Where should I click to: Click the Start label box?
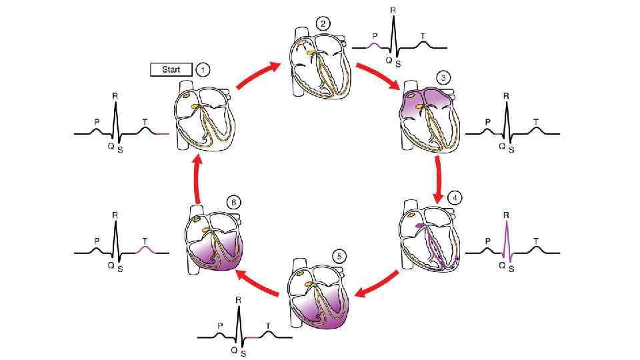171,69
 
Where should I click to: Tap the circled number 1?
203,69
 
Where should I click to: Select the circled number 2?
323,24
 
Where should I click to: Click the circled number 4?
455,197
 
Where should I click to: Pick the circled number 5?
340,255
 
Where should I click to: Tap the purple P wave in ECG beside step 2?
375,44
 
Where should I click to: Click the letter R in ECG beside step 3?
506,96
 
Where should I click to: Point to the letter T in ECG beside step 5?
268,325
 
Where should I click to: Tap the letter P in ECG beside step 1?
97,122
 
